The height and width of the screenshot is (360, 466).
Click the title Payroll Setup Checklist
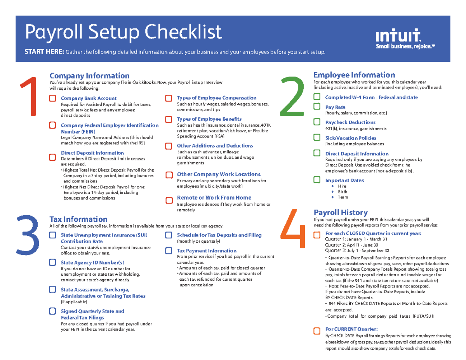(x=123, y=32)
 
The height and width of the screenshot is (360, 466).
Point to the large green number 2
(x=292, y=96)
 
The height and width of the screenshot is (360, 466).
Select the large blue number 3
(x=28, y=232)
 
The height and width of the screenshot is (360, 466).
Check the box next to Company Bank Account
(x=52, y=99)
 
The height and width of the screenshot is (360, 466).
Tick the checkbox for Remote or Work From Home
(x=169, y=200)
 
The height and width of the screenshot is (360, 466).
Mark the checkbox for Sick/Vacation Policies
(x=317, y=138)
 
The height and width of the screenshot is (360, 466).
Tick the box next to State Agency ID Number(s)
(x=52, y=263)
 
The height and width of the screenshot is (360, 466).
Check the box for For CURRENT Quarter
(x=317, y=330)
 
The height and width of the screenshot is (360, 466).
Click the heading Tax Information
(x=79, y=219)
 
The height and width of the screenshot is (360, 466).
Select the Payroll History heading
(x=341, y=212)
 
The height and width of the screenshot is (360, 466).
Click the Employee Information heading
(x=354, y=75)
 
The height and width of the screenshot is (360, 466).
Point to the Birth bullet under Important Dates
(x=342, y=191)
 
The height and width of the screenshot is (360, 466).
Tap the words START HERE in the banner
(x=44, y=52)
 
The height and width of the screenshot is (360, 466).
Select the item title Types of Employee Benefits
(x=209, y=119)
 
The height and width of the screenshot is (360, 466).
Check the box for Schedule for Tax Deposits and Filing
(x=169, y=235)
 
